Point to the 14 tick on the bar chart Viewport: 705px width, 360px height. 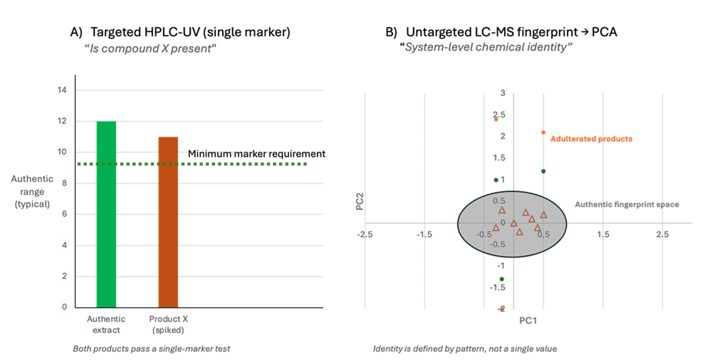pyautogui.click(x=63, y=91)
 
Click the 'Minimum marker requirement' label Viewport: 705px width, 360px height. pyautogui.click(x=257, y=154)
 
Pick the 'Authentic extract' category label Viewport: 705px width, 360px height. pyautogui.click(x=106, y=324)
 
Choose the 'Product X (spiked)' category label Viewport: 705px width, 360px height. pyautogui.click(x=168, y=324)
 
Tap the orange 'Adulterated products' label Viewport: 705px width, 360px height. pyautogui.click(x=591, y=139)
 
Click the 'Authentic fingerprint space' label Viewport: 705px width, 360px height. pyautogui.click(x=627, y=204)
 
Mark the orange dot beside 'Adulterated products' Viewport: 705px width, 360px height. pyautogui.click(x=543, y=132)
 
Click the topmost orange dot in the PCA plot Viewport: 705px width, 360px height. pyautogui.click(x=496, y=120)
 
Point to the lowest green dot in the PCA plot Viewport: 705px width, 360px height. pyautogui.click(x=502, y=279)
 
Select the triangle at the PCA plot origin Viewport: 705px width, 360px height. pyautogui.click(x=513, y=223)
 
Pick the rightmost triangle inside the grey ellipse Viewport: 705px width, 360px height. pyautogui.click(x=543, y=215)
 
